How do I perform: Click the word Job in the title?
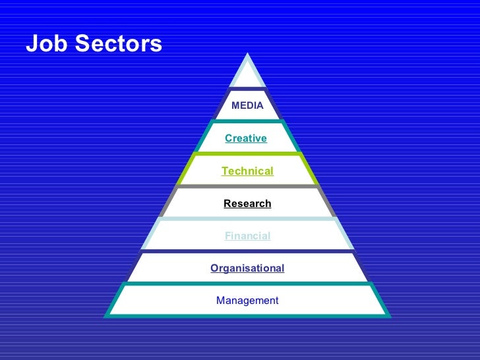[47, 44]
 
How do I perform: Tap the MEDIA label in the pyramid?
[247, 105]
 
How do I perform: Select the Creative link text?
[246, 138]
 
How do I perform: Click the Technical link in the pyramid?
[247, 171]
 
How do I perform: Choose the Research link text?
[247, 204]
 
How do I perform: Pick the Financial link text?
[247, 236]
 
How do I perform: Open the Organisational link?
[247, 268]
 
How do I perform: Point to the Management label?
[247, 301]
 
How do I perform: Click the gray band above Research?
[247, 187]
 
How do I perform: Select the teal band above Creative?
[247, 122]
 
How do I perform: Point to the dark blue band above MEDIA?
[247, 89]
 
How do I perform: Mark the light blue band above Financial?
[247, 220]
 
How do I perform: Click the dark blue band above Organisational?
[247, 252]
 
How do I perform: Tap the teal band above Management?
[247, 284]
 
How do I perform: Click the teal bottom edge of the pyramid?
[247, 315]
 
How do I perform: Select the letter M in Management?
[220, 301]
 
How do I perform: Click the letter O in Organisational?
[214, 268]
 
